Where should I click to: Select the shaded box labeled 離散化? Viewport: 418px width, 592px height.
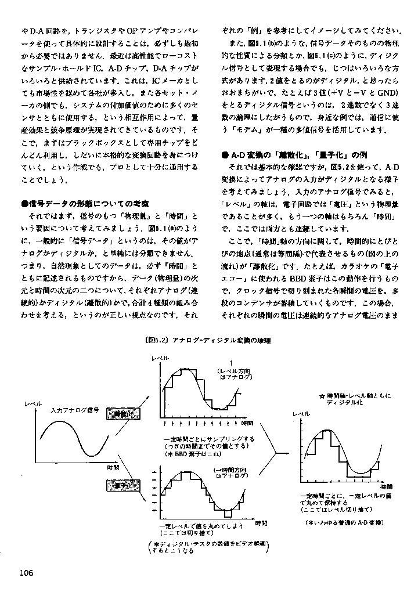pos(124,413)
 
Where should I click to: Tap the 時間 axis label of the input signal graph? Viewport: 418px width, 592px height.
pos(114,467)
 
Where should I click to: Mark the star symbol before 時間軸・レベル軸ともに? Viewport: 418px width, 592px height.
pos(322,396)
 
